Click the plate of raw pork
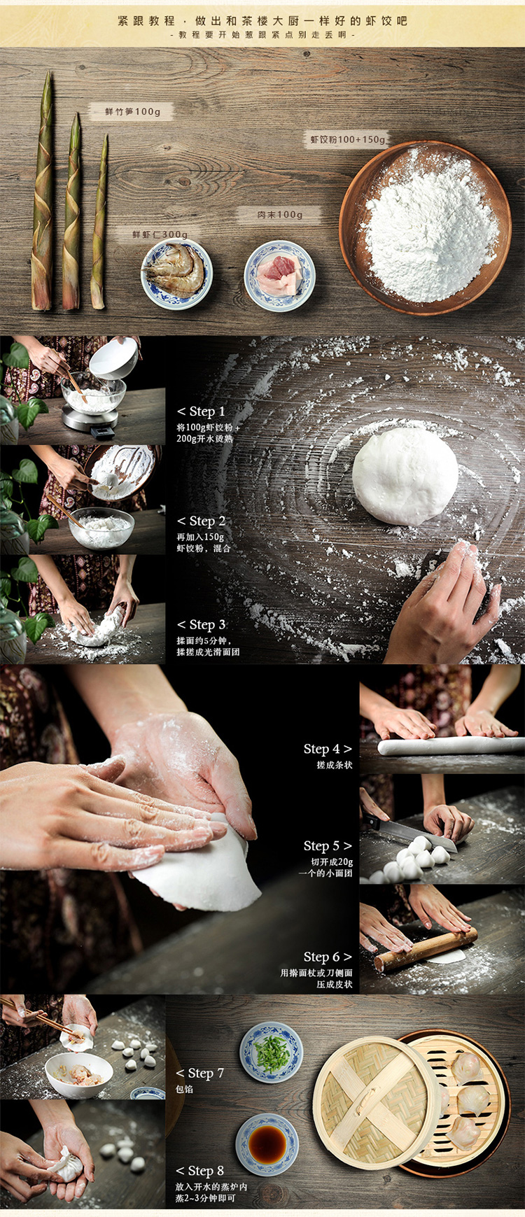(x=280, y=275)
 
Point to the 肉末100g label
(x=280, y=214)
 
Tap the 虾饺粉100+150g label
(x=348, y=139)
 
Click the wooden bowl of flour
(x=426, y=228)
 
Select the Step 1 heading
(x=201, y=411)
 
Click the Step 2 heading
(x=201, y=521)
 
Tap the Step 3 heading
(x=201, y=624)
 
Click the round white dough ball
(x=405, y=476)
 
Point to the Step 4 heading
(x=328, y=749)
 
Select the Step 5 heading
(x=328, y=845)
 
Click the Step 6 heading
(x=328, y=956)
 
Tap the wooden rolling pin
(x=426, y=950)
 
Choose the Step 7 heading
(x=200, y=1073)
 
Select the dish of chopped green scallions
(x=272, y=1053)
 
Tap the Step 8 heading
(x=200, y=1170)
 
